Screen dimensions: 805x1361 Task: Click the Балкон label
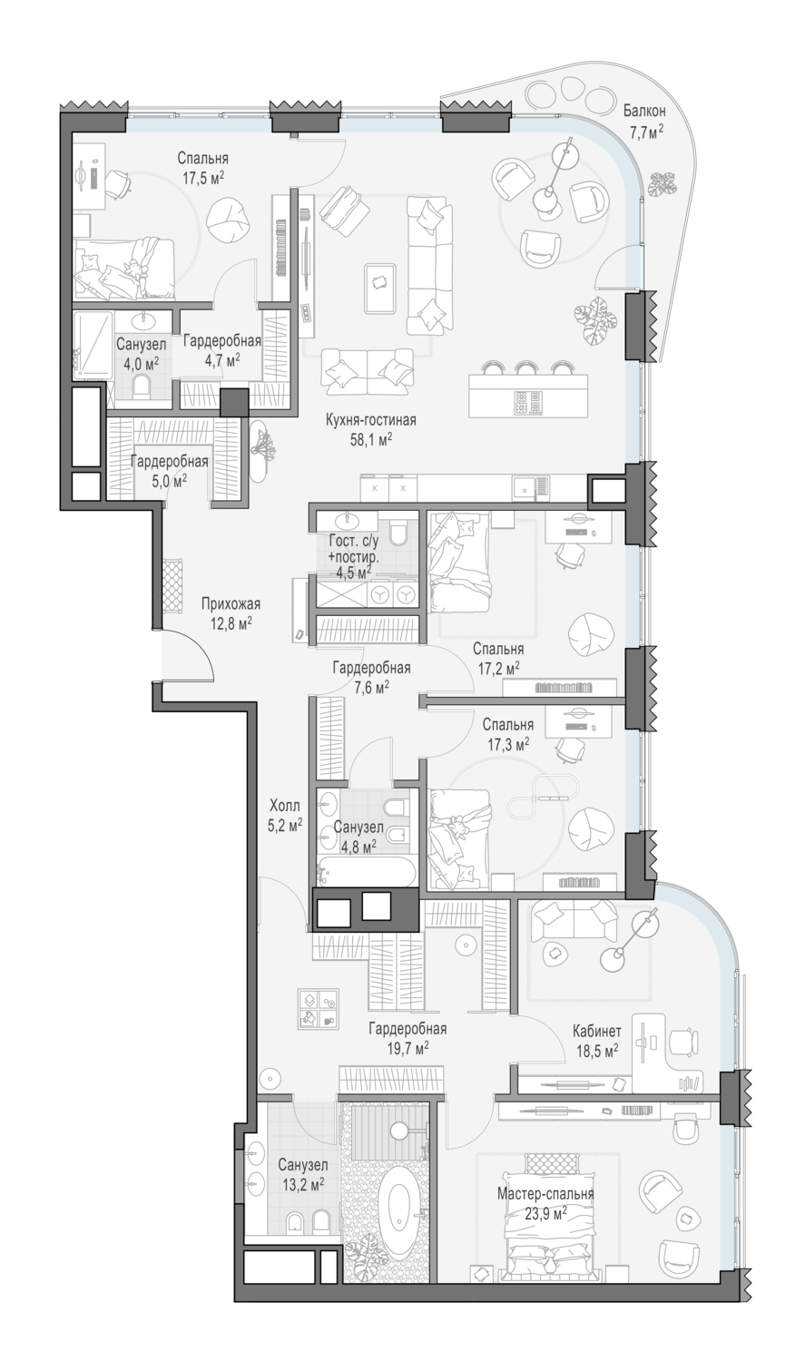(x=644, y=111)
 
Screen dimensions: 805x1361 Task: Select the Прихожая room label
(x=231, y=604)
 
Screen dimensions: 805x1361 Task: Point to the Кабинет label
(x=596, y=1031)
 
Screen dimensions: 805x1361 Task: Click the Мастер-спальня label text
(x=545, y=1194)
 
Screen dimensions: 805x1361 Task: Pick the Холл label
(x=285, y=807)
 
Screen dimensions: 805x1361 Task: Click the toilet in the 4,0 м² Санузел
(x=142, y=386)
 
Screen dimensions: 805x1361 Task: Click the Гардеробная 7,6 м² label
(x=371, y=677)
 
